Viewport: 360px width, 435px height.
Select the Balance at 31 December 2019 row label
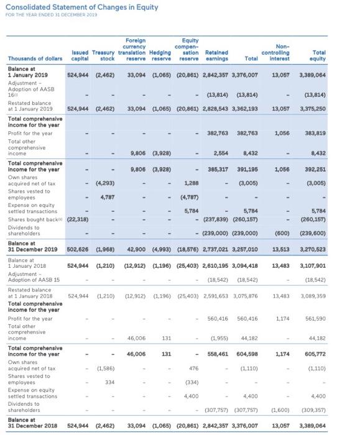(32, 245)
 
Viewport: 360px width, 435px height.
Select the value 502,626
(78, 249)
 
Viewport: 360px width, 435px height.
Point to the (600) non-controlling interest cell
(279, 234)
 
